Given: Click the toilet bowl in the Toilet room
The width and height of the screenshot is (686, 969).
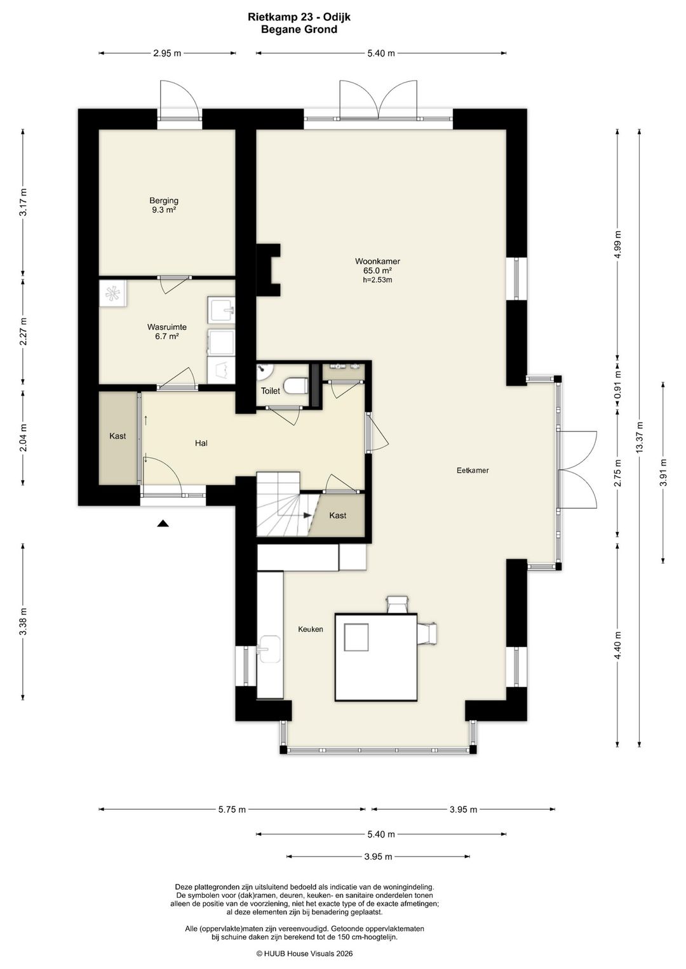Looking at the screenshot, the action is click(x=297, y=385).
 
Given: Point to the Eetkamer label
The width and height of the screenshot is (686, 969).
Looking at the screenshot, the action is click(x=473, y=471).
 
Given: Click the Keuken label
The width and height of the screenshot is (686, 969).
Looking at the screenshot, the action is click(x=311, y=629).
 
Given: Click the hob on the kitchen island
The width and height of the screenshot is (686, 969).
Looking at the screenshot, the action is click(x=356, y=637).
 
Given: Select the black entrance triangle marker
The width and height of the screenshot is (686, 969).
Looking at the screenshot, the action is click(x=163, y=524).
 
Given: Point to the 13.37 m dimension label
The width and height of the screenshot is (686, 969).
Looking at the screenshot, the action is click(x=639, y=438).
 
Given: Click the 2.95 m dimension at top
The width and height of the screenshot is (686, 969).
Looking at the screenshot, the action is click(x=167, y=53).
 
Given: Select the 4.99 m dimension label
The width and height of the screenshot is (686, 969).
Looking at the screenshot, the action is click(x=617, y=244).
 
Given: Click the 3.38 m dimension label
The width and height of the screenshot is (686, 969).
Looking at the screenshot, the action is click(x=24, y=622).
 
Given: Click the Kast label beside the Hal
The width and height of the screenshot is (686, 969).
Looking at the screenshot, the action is click(x=118, y=436).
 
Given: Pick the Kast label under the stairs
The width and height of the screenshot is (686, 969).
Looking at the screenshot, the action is click(x=337, y=516).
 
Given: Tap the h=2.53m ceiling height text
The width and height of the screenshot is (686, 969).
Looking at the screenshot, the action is click(x=377, y=280).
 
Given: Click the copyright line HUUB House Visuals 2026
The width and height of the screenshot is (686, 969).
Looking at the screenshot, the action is click(x=305, y=953).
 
